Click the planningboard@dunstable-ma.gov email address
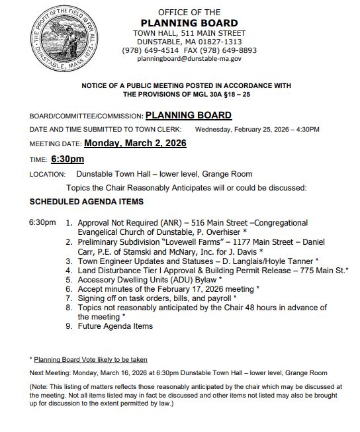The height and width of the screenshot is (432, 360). [189, 59]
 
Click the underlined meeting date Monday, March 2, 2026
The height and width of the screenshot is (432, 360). [135, 143]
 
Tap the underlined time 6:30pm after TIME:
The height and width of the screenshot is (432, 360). [67, 159]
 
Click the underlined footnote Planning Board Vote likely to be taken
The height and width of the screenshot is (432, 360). [91, 359]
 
